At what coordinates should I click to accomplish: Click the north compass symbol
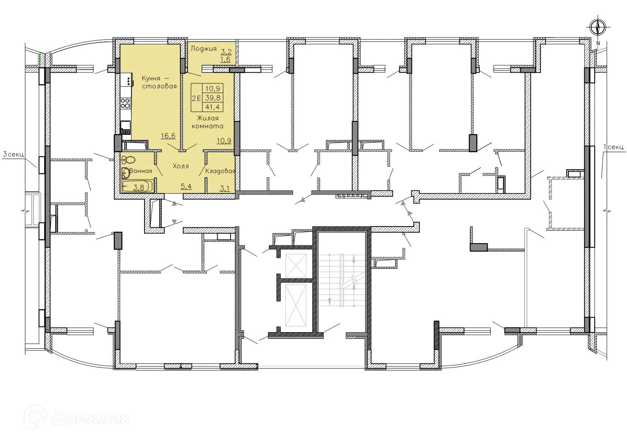pos(598,28)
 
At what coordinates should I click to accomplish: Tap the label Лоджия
pos(203,49)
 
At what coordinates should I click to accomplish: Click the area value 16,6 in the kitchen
pos(168,136)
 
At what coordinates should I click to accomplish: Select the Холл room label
pos(181,166)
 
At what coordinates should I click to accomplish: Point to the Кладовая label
pos(220,171)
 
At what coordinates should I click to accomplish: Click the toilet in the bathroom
pos(128,160)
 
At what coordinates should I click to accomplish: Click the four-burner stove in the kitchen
pos(126,103)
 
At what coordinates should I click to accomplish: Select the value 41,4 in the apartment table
pos(212,106)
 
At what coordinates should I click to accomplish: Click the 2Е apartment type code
pos(196,97)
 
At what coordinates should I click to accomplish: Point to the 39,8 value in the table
pos(212,98)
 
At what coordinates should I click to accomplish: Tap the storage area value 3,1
pos(224,188)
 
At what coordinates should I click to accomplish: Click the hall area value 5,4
pos(186,186)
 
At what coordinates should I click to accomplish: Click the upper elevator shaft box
pos(295,265)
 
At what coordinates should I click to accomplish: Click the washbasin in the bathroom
pos(126,173)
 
